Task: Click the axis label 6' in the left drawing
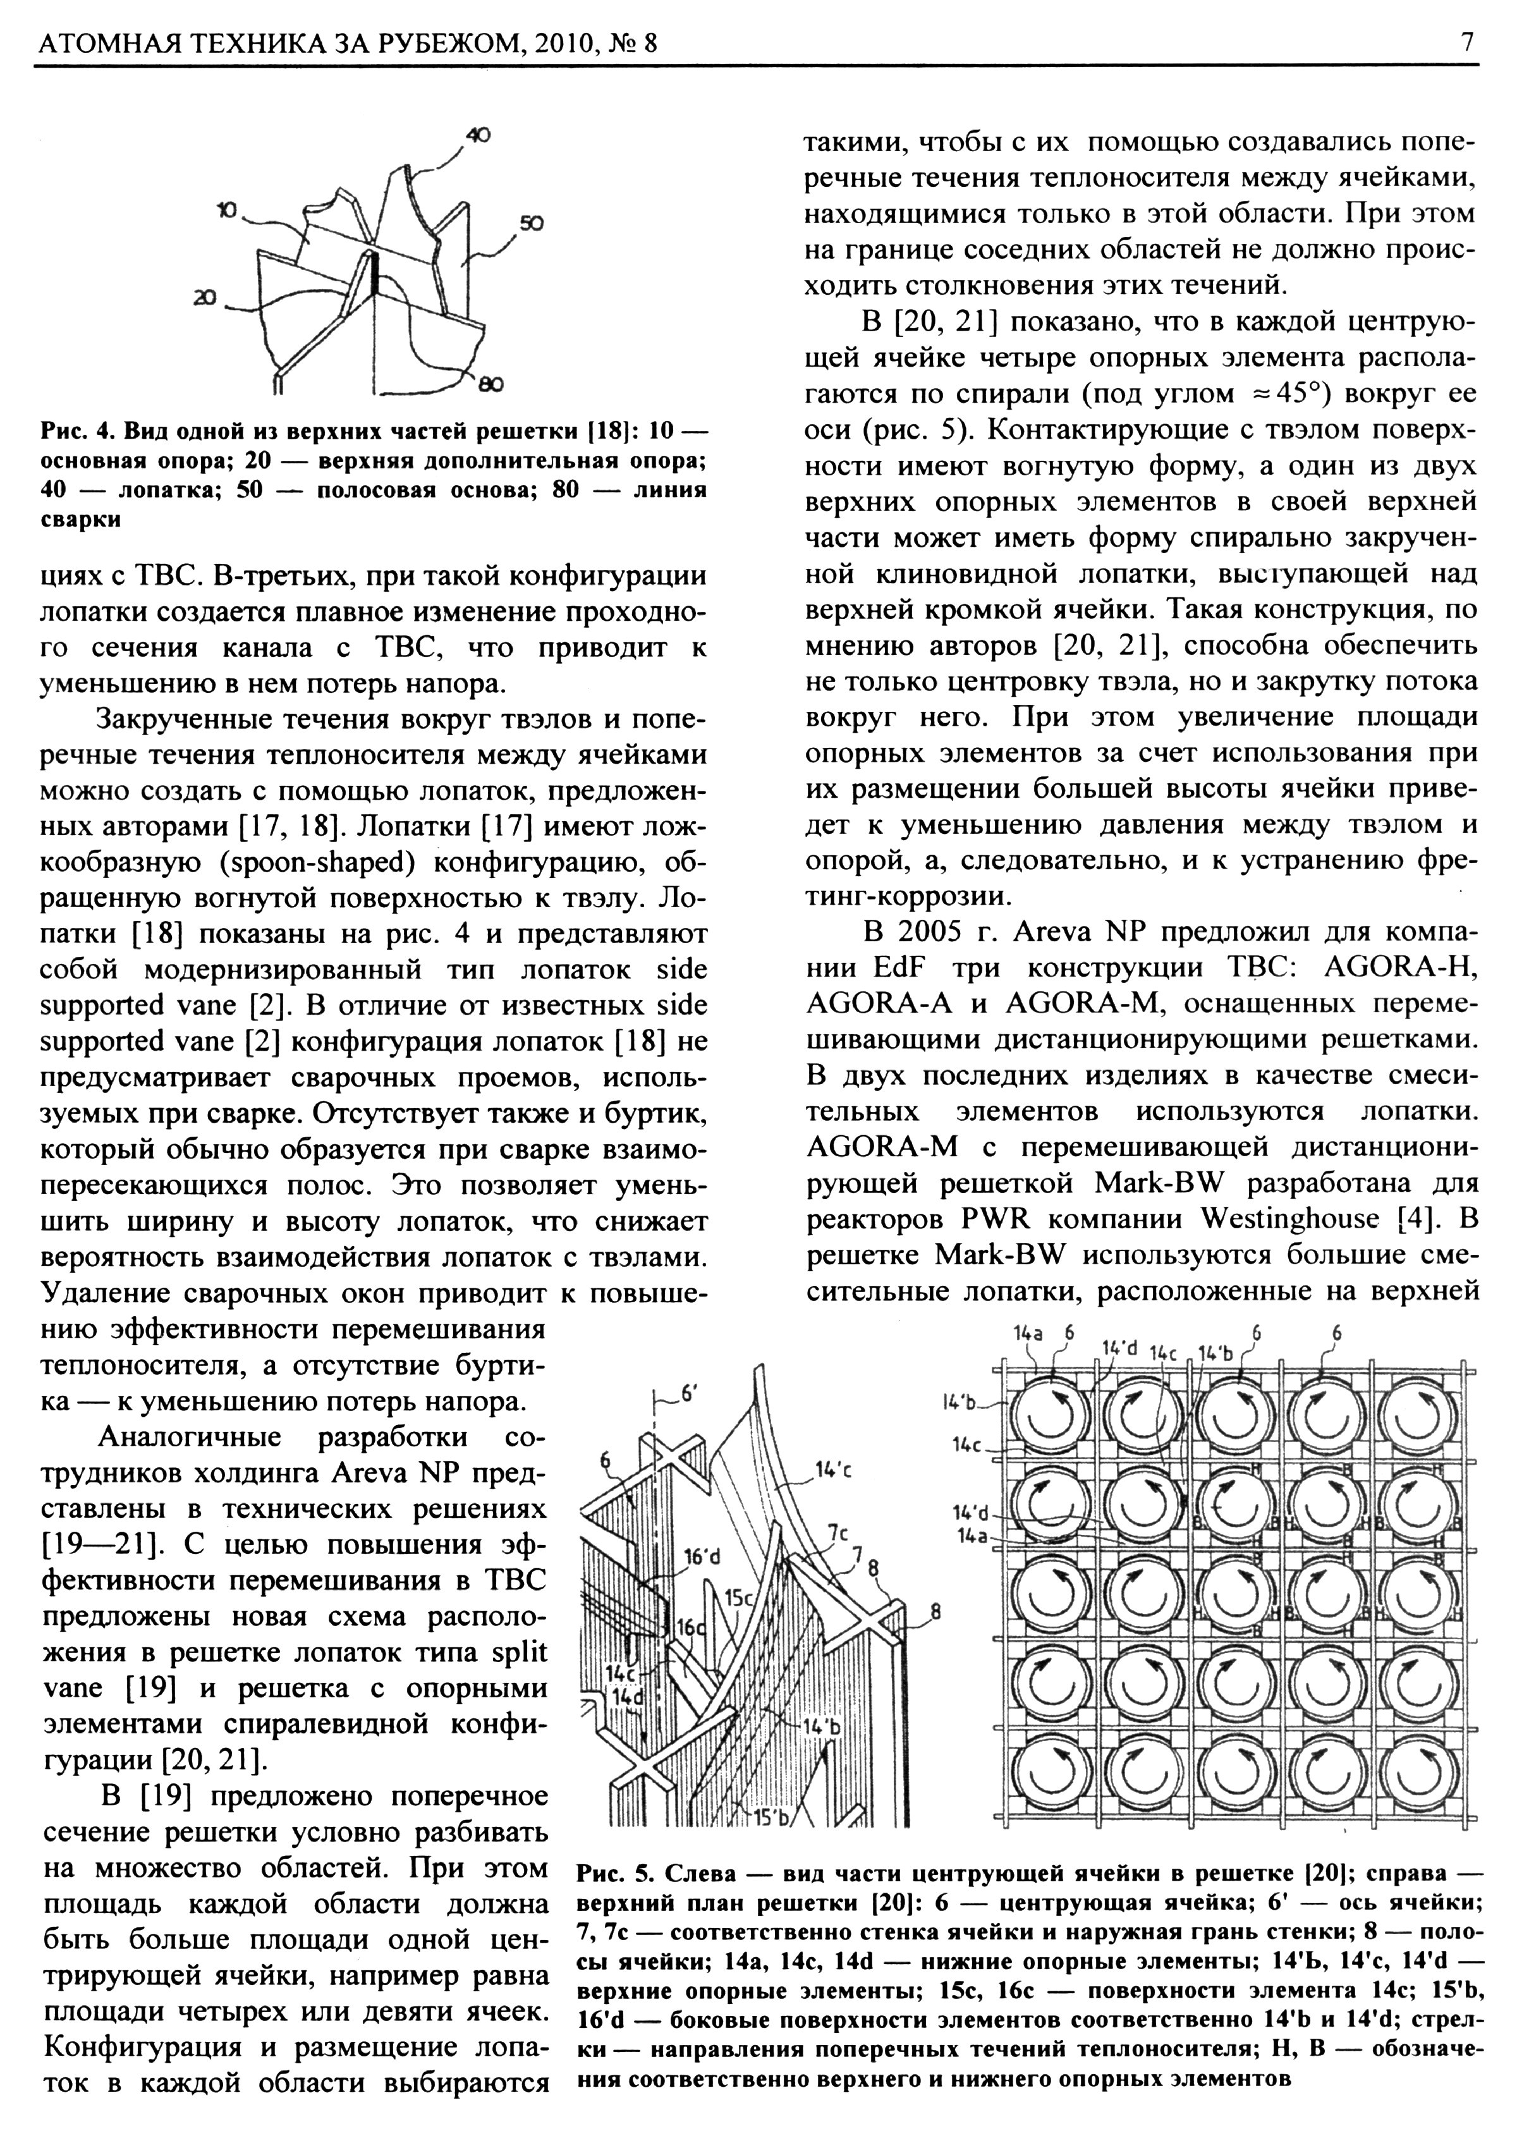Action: click(x=690, y=1393)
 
